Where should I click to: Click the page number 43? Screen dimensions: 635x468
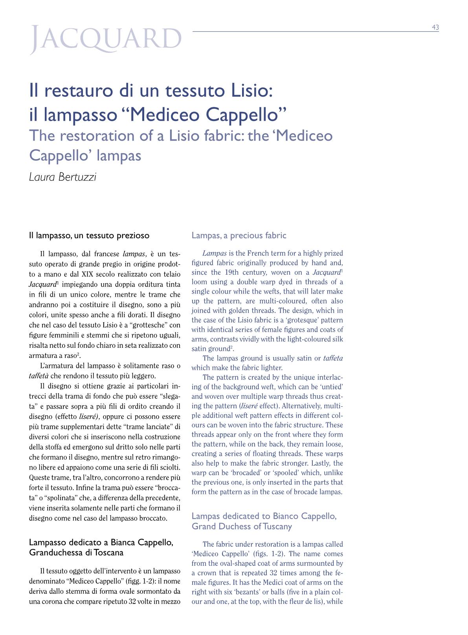pyautogui.click(x=435, y=27)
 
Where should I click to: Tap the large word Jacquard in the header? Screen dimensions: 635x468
pyautogui.click(x=106, y=41)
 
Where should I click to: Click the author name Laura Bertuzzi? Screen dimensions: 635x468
pyautogui.click(x=62, y=177)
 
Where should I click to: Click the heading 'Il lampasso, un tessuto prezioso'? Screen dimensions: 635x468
pyautogui.click(x=89, y=236)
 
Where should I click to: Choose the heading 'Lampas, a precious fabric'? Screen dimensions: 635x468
pyautogui.click(x=239, y=235)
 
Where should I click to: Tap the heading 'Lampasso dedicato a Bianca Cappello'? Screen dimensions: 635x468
pyautogui.click(x=101, y=542)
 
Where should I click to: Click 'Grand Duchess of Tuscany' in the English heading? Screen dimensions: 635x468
pyautogui.click(x=242, y=526)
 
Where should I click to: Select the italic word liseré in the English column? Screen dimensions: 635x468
pyautogui.click(x=249, y=406)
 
